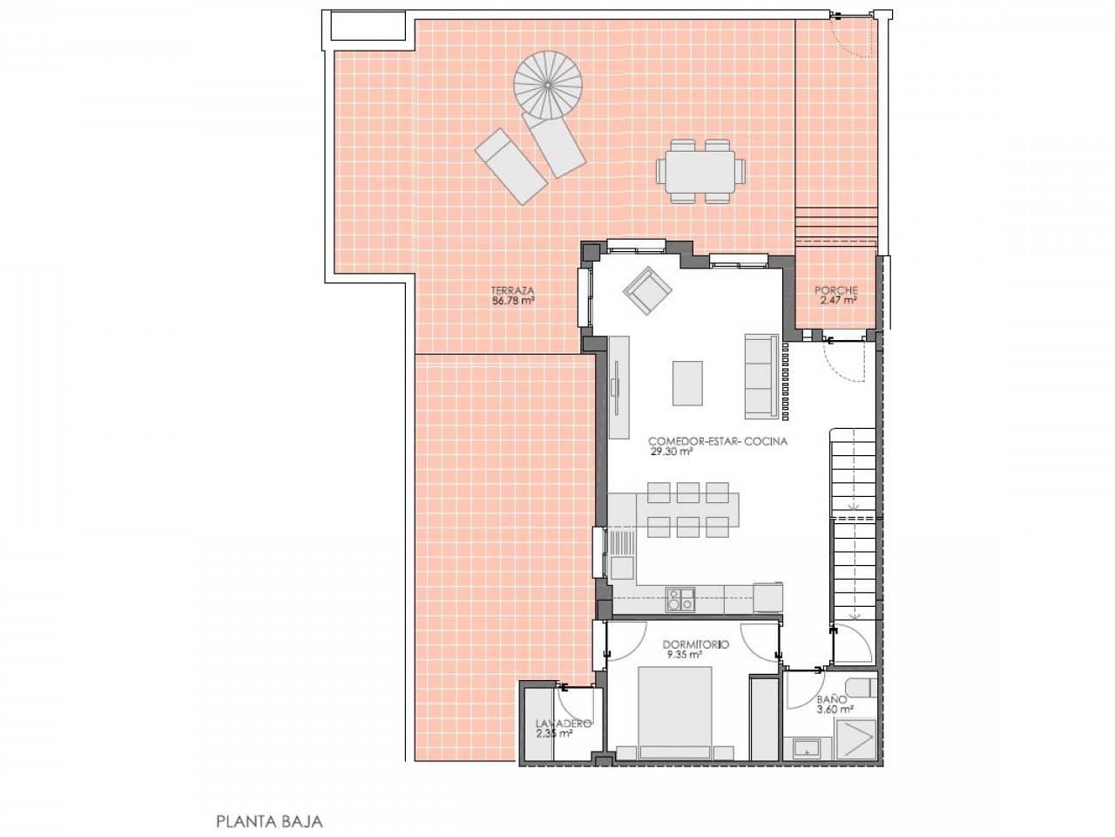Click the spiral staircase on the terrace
(548, 85)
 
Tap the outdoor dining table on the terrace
(701, 171)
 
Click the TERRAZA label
(512, 290)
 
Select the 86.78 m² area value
(513, 301)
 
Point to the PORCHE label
(836, 290)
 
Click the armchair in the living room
(646, 291)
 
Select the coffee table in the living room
(687, 383)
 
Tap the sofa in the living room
(760, 375)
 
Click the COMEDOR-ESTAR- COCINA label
(718, 441)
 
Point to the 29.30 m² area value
(671, 453)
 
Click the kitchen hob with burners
(680, 600)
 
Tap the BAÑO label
(832, 699)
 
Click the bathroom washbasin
(807, 747)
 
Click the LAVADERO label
(564, 724)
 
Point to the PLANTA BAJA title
(269, 821)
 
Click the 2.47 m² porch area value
(838, 301)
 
